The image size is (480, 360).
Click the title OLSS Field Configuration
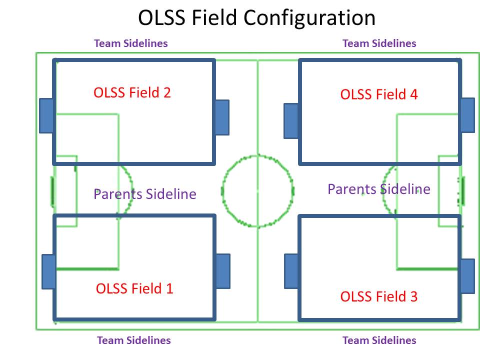pyautogui.click(x=256, y=18)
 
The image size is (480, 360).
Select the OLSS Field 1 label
pyautogui.click(x=134, y=288)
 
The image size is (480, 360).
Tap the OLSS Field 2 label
pyautogui.click(x=132, y=92)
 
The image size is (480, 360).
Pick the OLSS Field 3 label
pyautogui.click(x=378, y=296)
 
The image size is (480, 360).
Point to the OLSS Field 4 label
pyautogui.click(x=378, y=94)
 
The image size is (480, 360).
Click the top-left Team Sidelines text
pyautogui.click(x=131, y=43)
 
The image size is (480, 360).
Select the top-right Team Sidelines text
pyautogui.click(x=379, y=43)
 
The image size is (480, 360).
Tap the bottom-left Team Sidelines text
pyautogui.click(x=133, y=340)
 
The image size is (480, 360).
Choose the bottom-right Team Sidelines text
pyautogui.click(x=379, y=340)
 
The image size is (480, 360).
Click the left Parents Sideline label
pyautogui.click(x=145, y=194)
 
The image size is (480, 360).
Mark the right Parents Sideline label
pyautogui.click(x=378, y=189)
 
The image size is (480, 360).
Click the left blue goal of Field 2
pyautogui.click(x=46, y=115)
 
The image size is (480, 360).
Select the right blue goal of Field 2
pyautogui.click(x=221, y=117)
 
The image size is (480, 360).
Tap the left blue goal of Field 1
pyautogui.click(x=48, y=271)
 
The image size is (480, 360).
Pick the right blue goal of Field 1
pyautogui.click(x=222, y=271)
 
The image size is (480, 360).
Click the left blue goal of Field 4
pyautogui.click(x=291, y=120)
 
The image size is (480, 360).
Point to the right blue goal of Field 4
pyautogui.click(x=467, y=115)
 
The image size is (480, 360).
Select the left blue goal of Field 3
pyautogui.click(x=291, y=271)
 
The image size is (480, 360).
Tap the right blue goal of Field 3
pyautogui.click(x=467, y=276)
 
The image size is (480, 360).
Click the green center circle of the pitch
pyautogui.click(x=257, y=191)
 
